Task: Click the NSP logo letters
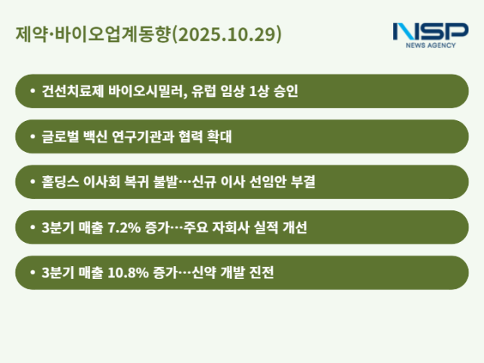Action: coord(430,32)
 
